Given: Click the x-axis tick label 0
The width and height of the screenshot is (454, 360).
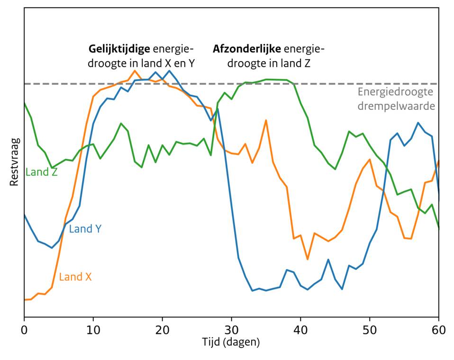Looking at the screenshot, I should pos(24,328).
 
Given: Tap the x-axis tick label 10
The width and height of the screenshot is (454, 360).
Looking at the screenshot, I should pos(93,328).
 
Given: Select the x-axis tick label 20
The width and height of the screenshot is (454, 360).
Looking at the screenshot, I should pos(163,328).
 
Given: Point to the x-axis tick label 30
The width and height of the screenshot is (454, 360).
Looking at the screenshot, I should pos(232,328).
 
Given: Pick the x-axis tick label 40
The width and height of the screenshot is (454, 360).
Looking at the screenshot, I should pos(301,328).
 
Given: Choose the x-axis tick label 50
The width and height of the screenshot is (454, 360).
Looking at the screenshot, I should pos(370,328).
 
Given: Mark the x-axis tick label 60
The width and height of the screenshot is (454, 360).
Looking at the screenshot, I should pos(439,328).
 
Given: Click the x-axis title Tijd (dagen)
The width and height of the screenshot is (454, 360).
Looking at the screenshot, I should pos(232,342).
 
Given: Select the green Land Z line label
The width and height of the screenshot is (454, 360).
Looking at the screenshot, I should pos(42,172).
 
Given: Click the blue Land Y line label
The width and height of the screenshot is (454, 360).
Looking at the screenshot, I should pos(85,229).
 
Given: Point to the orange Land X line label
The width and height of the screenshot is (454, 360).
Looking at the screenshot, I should pos(75,277).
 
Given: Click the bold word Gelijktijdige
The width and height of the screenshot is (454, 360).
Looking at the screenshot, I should pos(120,48).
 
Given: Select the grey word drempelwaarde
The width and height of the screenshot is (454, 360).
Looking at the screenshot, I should pos(396,106).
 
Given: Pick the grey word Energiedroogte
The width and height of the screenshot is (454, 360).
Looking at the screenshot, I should pos(396,92).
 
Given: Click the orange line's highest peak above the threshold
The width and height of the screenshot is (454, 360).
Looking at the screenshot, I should pos(135,71).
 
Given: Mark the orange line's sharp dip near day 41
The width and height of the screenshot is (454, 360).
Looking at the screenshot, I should pos(308,259).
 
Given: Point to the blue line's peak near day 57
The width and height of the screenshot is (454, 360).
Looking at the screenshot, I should pos(418,123).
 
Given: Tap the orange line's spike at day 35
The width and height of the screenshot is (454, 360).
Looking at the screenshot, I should pos(266,120).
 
